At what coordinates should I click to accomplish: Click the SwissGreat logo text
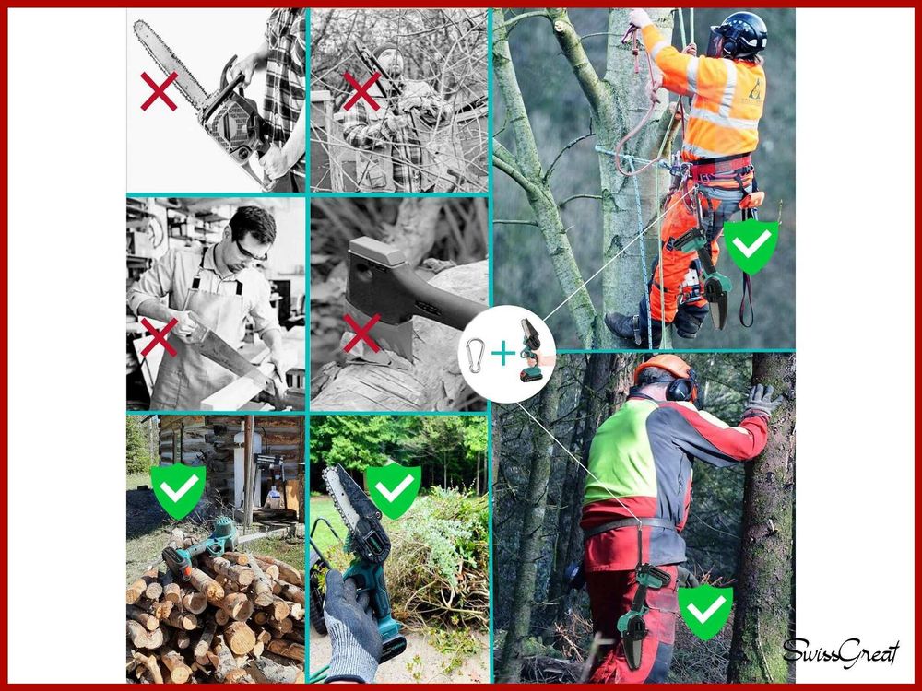pos(841,653)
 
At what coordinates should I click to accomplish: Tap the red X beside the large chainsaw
pos(159,91)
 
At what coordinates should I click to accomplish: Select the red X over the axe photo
pos(361,334)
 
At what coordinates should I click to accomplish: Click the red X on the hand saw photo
pos(159,336)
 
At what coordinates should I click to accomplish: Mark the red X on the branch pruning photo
pos(361,91)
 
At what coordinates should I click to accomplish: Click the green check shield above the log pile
pos(178,491)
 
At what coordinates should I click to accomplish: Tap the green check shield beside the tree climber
pos(751,247)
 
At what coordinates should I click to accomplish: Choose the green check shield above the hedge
pos(394,490)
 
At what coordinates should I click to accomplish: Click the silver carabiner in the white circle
pos(475,356)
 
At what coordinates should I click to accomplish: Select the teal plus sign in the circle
pos(503,354)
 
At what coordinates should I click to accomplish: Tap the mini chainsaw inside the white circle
pos(530,350)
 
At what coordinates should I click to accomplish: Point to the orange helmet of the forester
pos(663,368)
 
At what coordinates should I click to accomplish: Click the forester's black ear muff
pos(681,389)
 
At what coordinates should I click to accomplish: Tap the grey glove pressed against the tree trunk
pos(762,401)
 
